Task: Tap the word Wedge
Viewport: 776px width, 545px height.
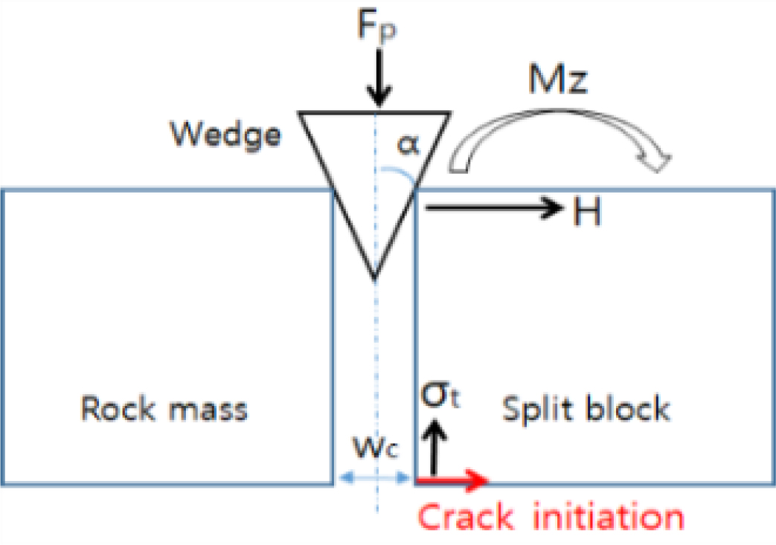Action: click(x=225, y=135)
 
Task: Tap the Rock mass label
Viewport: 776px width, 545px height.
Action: click(x=164, y=408)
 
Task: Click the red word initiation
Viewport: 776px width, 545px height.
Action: click(x=608, y=515)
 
